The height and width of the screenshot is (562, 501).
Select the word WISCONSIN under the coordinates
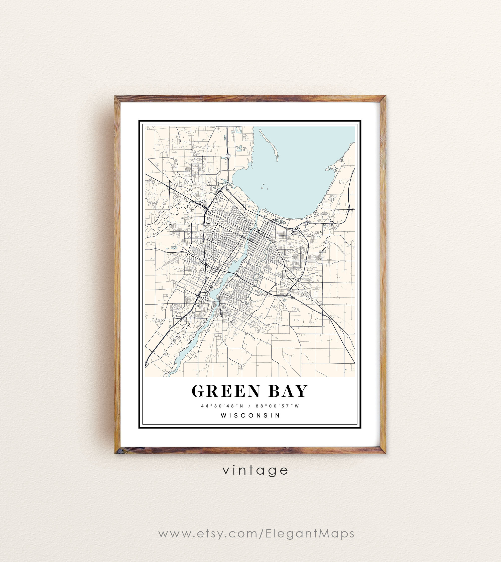tap(250, 415)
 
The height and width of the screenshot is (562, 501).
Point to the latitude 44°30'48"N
tap(222, 406)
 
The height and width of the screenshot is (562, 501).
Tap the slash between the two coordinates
tap(249, 406)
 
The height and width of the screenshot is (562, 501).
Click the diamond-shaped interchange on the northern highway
tap(228, 156)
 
